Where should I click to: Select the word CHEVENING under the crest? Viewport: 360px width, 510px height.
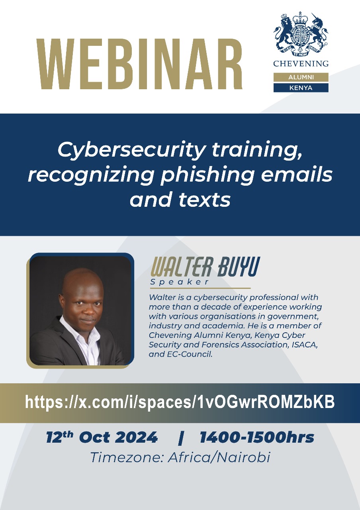coord(301,63)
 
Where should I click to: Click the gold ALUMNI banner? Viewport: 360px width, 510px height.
coord(301,77)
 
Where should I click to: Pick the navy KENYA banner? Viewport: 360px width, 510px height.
coord(301,87)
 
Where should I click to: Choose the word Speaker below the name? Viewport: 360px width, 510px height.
coord(180,282)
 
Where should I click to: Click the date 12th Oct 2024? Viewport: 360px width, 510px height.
coord(102,437)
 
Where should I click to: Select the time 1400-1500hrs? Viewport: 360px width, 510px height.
coord(257,437)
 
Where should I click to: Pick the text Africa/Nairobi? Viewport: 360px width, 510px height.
coord(219,457)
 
